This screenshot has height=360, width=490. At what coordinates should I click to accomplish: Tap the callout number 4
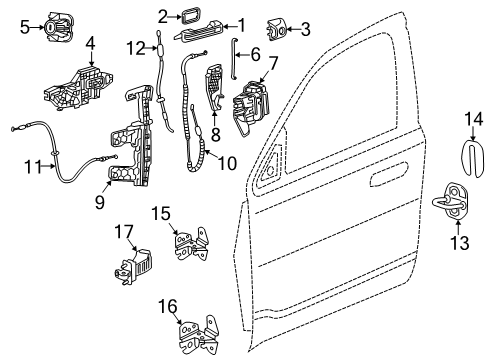point(90,44)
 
